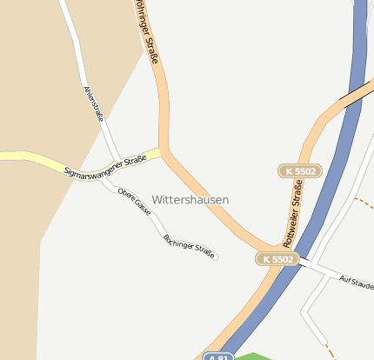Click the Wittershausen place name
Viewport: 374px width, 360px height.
[x=190, y=200]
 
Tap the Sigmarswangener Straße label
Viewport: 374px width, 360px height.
[x=105, y=166]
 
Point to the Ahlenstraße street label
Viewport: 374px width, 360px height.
[x=93, y=105]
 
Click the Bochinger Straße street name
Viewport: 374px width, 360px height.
[x=189, y=244]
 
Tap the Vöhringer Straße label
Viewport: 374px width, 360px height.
[x=146, y=33]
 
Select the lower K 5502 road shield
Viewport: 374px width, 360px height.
[x=278, y=259]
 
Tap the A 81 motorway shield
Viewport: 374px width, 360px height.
[x=218, y=357]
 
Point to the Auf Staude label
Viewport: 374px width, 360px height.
[x=357, y=283]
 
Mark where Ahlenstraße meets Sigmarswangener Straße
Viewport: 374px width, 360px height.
[x=117, y=163]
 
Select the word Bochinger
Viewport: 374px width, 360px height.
[x=177, y=239]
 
